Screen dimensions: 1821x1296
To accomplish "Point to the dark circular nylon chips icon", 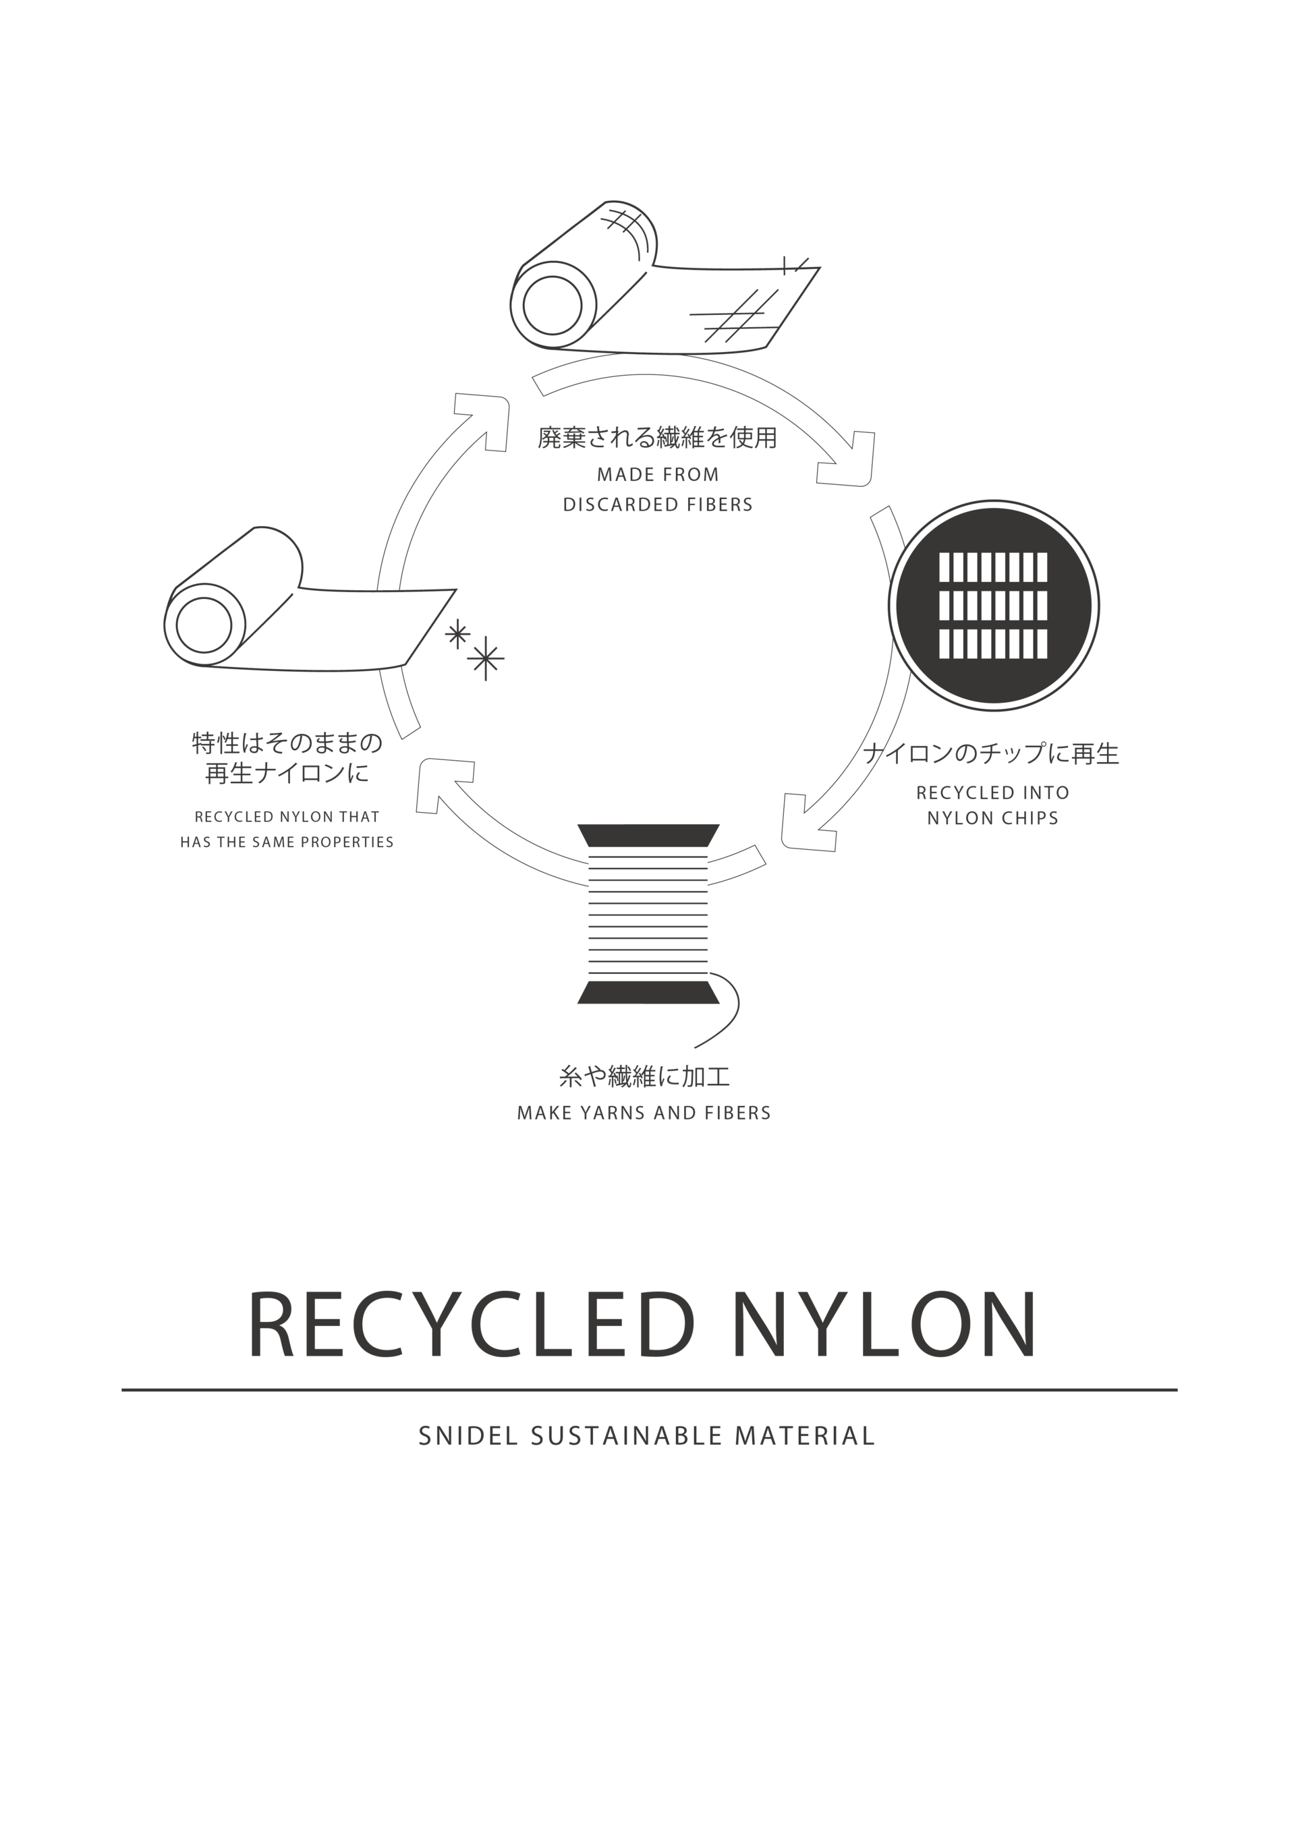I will click(x=994, y=604).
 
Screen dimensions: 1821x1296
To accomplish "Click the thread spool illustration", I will click(x=648, y=913).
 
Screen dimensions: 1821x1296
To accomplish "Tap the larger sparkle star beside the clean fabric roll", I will click(x=485, y=659).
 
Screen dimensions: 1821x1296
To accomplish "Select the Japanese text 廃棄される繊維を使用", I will click(x=657, y=438).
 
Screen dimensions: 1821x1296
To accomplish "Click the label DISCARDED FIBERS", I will click(x=658, y=505).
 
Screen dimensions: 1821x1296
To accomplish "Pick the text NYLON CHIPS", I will click(x=993, y=818).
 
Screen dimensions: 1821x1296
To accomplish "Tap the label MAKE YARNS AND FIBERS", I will click(x=644, y=1113).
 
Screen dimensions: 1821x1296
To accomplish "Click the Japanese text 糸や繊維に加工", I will click(x=645, y=1077).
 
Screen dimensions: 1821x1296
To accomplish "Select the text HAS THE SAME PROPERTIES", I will click(x=287, y=842).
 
